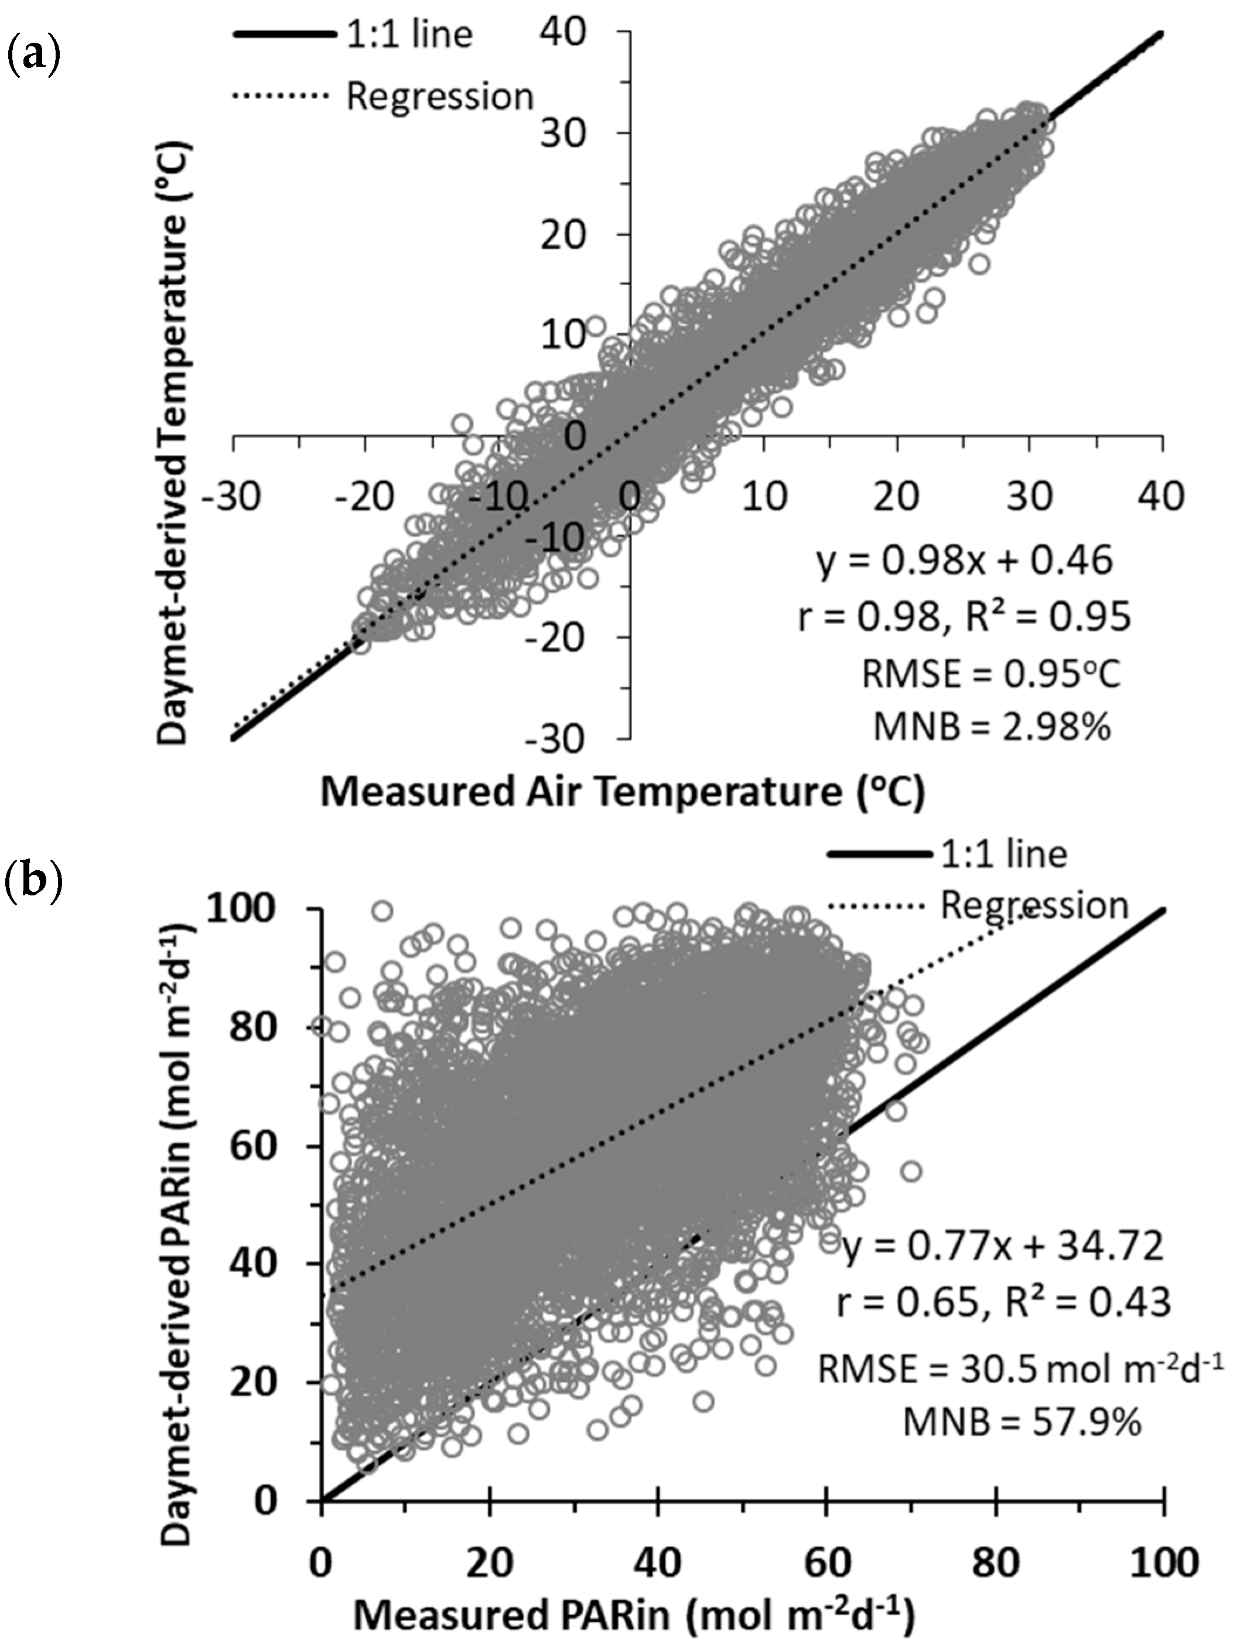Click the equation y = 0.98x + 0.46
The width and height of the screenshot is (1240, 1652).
(x=965, y=560)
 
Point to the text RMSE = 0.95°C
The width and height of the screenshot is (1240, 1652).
(x=990, y=675)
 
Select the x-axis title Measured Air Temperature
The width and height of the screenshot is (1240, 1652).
(x=622, y=792)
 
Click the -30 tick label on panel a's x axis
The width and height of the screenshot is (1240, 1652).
(x=234, y=497)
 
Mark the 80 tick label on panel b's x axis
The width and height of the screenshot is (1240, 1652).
(x=996, y=1562)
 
